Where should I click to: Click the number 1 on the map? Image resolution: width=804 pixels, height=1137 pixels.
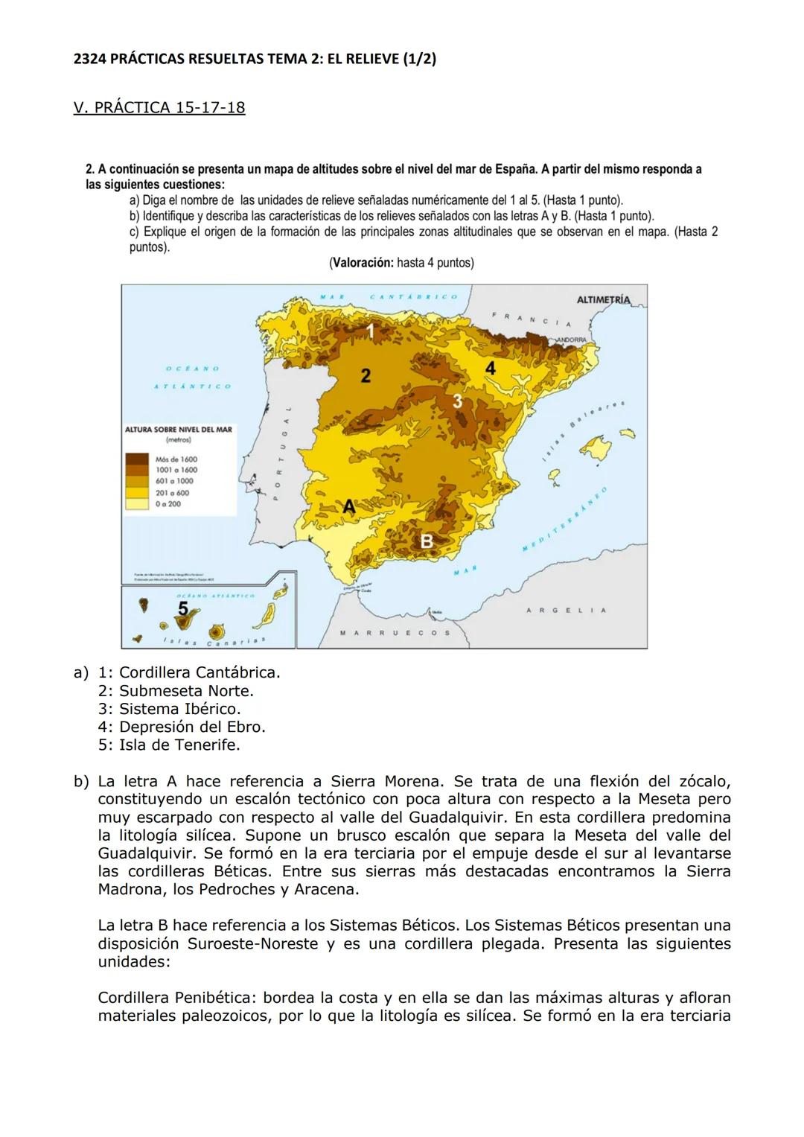pyautogui.click(x=370, y=331)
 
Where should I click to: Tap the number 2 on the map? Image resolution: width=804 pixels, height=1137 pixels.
pyautogui.click(x=366, y=376)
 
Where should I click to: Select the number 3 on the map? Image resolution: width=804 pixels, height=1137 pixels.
pyautogui.click(x=458, y=401)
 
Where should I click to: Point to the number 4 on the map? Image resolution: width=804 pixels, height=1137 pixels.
pyautogui.click(x=490, y=369)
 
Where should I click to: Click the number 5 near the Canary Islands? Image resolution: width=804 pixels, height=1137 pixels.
pyautogui.click(x=183, y=608)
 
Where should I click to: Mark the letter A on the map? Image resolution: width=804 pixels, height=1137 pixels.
pyautogui.click(x=349, y=506)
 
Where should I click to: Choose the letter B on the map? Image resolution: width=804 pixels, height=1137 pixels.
pyautogui.click(x=427, y=541)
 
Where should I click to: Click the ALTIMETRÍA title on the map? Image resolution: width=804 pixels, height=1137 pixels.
pyautogui.click(x=603, y=300)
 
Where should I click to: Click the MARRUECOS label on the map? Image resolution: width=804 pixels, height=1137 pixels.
pyautogui.click(x=395, y=633)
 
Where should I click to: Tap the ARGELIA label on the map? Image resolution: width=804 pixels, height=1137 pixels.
pyautogui.click(x=566, y=611)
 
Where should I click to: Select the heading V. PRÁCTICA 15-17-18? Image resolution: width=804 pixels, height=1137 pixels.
pyautogui.click(x=159, y=107)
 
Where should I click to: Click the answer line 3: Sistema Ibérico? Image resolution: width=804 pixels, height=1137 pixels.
pyautogui.click(x=169, y=709)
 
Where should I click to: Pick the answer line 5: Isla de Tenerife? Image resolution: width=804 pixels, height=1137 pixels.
pyautogui.click(x=169, y=745)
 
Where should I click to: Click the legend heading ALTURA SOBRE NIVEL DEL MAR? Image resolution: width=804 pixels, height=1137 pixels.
pyautogui.click(x=179, y=430)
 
